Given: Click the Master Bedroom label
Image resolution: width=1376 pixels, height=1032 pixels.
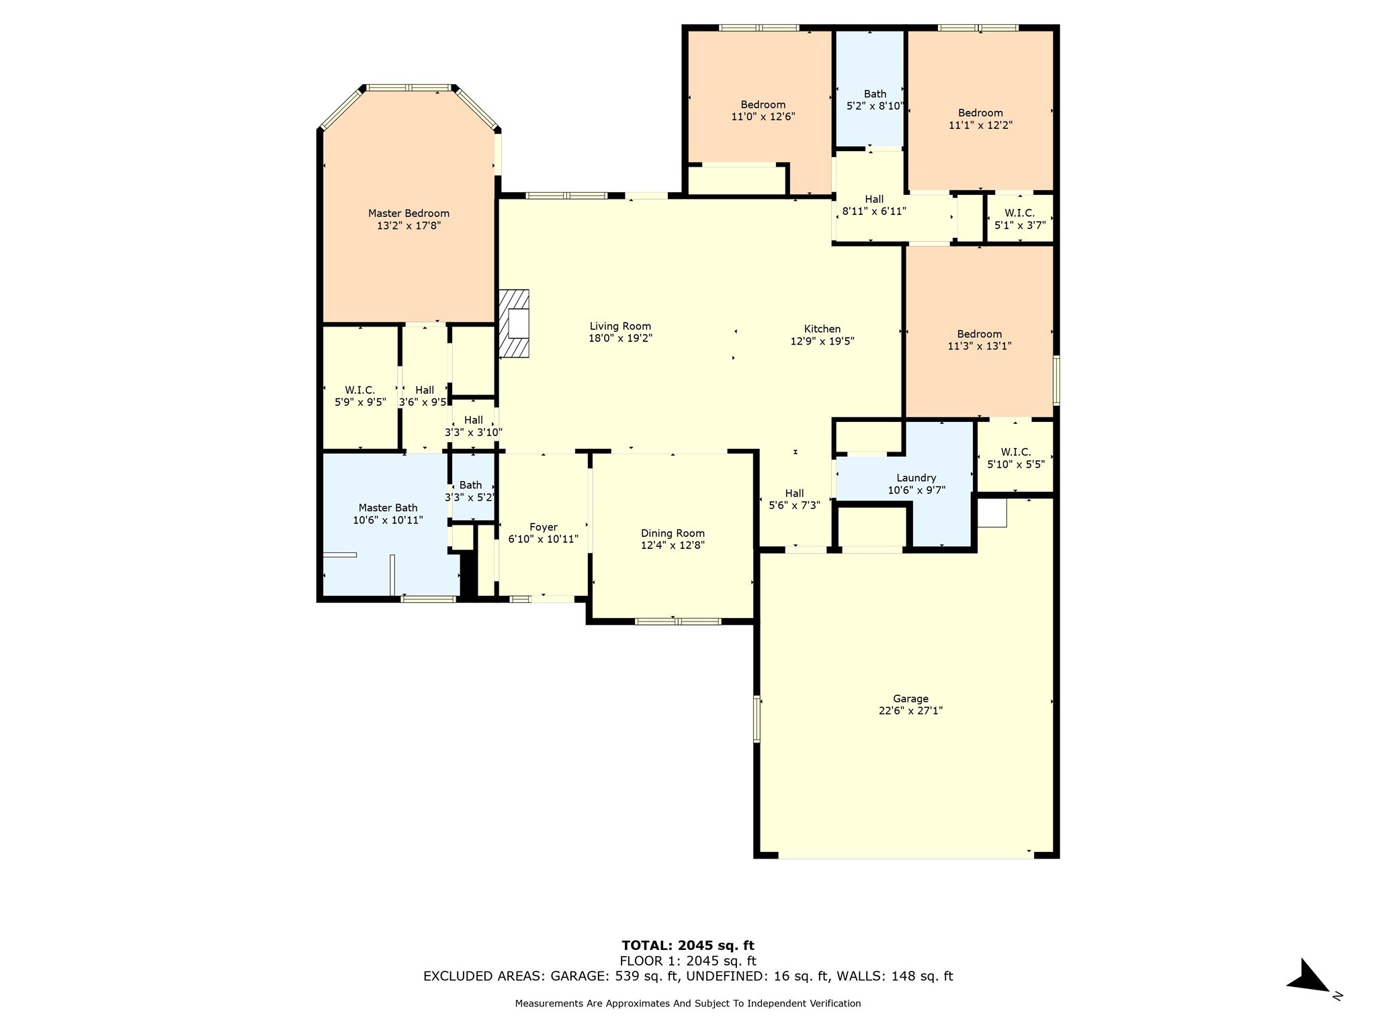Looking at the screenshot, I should coord(408,214).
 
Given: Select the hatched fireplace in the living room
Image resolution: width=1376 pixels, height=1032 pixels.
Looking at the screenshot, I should coord(514,323).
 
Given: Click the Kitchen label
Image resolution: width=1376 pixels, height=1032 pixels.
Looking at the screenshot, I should coord(822,329).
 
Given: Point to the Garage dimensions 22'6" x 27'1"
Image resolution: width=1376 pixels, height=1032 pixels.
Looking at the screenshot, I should coord(910,711).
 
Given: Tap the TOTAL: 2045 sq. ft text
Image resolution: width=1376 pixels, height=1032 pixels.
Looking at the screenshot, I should coord(688,946).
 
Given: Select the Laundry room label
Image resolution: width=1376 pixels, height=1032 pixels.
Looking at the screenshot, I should coord(916,478).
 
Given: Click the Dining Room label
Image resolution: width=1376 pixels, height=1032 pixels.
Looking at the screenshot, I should coord(673,533).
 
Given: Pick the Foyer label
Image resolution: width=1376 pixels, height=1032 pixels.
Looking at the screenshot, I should coord(543,527).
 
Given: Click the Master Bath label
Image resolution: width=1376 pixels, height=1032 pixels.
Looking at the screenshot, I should coord(388,508).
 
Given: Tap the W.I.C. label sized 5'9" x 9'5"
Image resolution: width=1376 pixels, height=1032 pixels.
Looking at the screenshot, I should coord(360,390).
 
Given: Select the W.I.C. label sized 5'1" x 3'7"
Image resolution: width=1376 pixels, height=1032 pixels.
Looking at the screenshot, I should coord(1019,213).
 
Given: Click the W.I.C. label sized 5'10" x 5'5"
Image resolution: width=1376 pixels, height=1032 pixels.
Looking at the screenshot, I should coord(1015,452).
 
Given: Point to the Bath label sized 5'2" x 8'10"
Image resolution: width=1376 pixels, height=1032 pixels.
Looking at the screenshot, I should coord(875,94).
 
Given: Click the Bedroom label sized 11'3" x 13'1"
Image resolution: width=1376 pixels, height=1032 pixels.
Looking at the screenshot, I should coord(979,334).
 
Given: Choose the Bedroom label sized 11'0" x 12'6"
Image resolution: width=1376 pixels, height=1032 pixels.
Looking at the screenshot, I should coord(763,105).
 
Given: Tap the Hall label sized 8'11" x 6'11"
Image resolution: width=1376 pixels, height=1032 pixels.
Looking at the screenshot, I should coord(874,200).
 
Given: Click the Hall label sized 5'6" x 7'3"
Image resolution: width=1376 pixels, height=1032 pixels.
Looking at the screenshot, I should coord(794,493).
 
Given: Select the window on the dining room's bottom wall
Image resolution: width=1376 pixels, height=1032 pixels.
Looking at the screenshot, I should coord(677,621).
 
